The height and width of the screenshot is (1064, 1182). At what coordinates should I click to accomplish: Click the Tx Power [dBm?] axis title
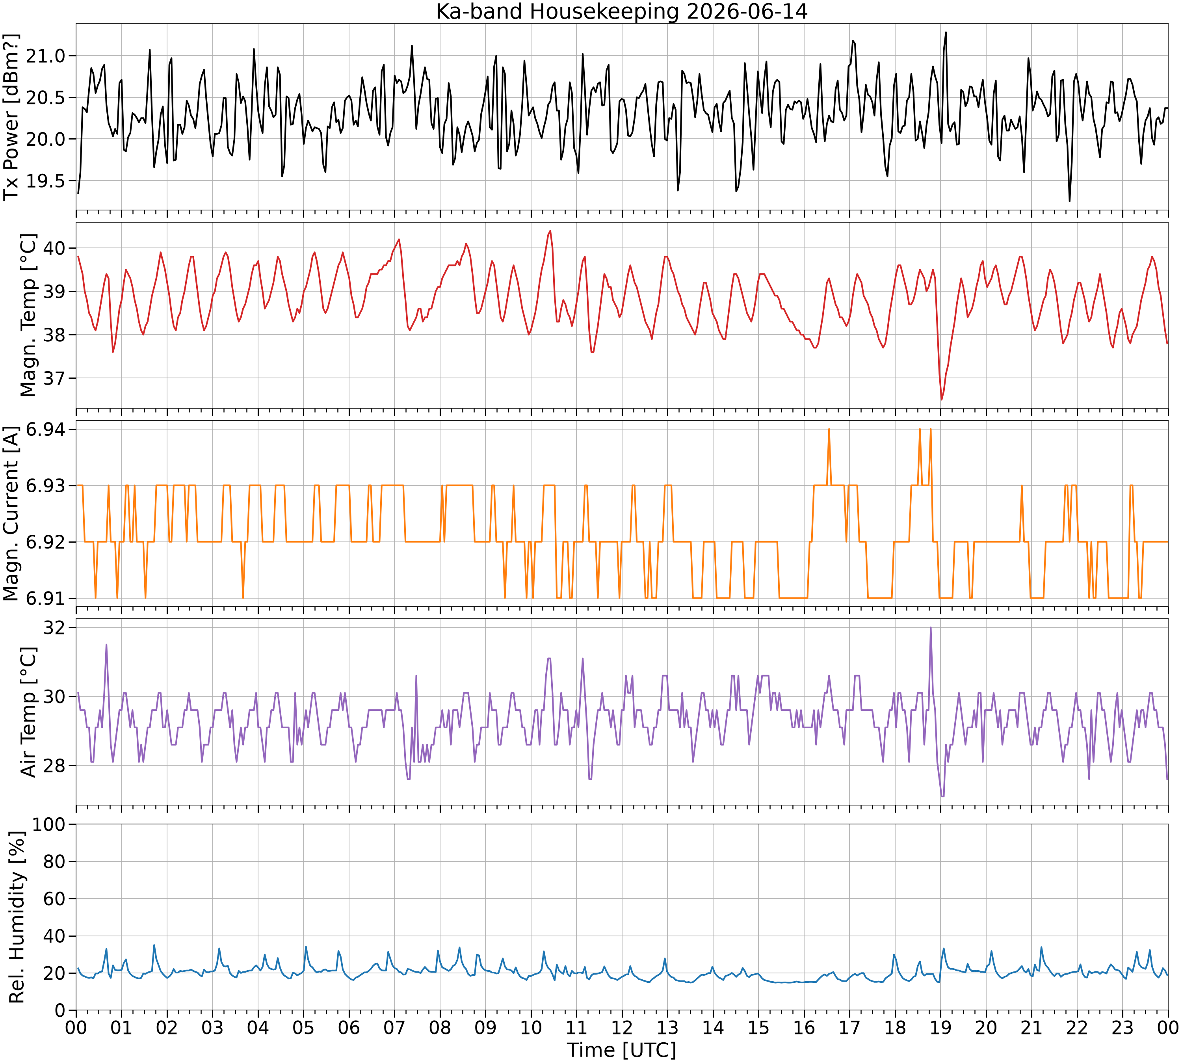click(12, 117)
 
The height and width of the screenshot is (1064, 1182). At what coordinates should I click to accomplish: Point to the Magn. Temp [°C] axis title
click(28, 315)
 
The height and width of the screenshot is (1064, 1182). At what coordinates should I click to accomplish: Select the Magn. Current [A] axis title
click(12, 514)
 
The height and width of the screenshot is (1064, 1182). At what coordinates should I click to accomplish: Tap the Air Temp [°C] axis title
click(28, 712)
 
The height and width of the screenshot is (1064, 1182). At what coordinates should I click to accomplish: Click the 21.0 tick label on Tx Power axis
click(47, 56)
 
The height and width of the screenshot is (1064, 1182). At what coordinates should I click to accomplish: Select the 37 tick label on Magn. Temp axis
click(55, 378)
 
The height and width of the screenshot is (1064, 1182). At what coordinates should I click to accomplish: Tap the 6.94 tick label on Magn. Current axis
click(47, 430)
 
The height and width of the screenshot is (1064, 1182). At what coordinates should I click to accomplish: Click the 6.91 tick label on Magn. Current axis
click(47, 599)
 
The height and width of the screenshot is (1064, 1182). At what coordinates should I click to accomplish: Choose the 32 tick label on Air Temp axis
click(55, 628)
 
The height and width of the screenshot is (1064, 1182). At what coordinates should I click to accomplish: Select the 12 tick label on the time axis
click(622, 1027)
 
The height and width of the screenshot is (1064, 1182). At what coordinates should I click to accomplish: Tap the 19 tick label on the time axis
click(940, 1027)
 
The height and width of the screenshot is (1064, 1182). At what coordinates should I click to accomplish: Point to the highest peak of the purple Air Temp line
click(931, 627)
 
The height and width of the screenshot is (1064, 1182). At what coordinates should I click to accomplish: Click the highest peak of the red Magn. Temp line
click(550, 231)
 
